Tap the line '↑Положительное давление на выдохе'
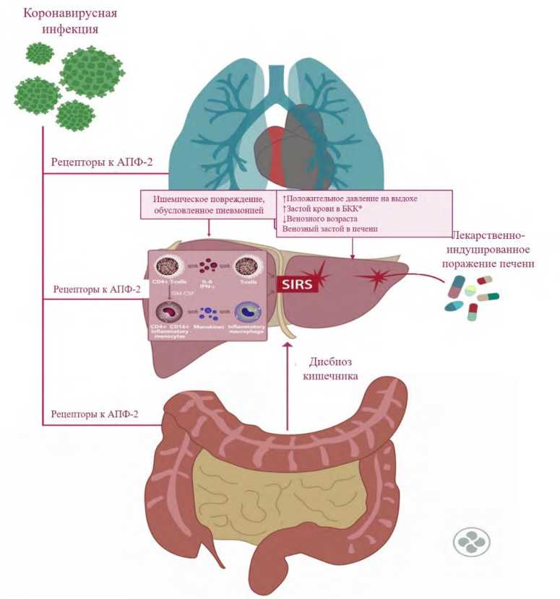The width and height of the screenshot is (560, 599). tap(350, 198)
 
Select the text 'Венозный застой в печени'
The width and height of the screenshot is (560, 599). tap(331, 229)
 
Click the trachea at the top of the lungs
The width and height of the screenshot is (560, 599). tap(275, 83)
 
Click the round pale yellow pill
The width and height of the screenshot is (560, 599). tap(470, 290)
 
